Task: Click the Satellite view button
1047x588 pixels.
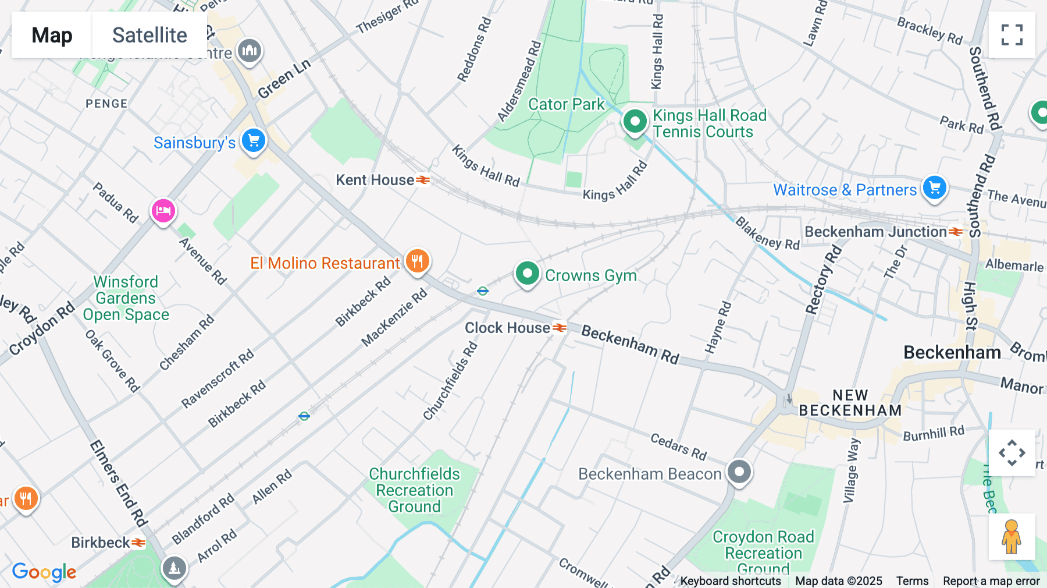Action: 149,35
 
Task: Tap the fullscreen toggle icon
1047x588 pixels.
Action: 1012,35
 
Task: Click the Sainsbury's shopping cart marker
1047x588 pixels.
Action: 254,140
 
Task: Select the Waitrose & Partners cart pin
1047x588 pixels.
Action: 935,188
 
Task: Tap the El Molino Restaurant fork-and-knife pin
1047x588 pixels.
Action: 417,261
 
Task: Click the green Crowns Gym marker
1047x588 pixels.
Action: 527,273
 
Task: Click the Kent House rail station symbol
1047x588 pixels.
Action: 423,180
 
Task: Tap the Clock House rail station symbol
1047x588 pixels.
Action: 559,328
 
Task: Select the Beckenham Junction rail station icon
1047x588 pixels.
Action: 956,232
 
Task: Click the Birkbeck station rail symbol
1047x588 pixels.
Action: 138,543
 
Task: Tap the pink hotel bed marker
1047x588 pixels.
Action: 163,211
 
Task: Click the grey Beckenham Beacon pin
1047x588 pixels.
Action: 739,472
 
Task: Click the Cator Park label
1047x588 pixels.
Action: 566,104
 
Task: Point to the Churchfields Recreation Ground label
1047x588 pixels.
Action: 414,490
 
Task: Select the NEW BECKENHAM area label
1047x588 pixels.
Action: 850,403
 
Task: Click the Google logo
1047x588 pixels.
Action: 44,572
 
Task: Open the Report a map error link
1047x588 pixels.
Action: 991,580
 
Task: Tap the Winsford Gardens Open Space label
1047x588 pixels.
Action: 126,298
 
